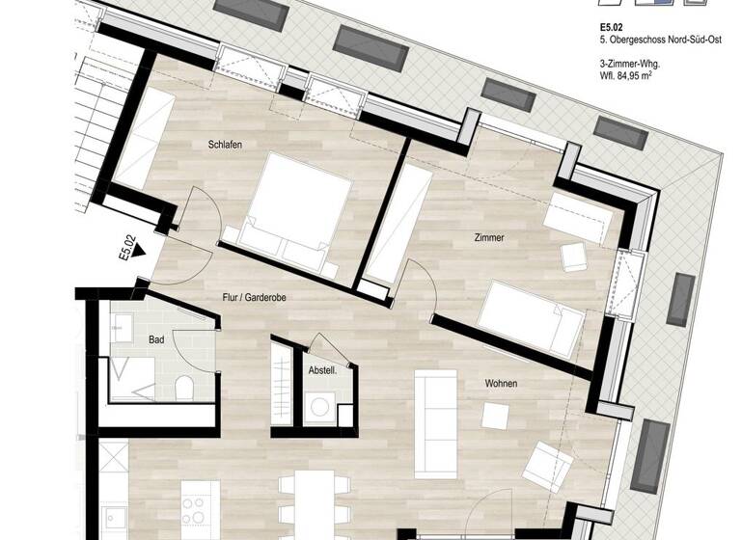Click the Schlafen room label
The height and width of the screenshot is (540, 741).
click(x=224, y=145)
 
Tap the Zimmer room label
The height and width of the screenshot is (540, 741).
click(x=489, y=236)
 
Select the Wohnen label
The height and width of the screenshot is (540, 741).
click(x=500, y=384)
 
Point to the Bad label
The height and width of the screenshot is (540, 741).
click(x=156, y=340)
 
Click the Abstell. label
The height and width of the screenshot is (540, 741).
click(x=321, y=369)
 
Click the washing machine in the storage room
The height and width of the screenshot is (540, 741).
click(x=317, y=409)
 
